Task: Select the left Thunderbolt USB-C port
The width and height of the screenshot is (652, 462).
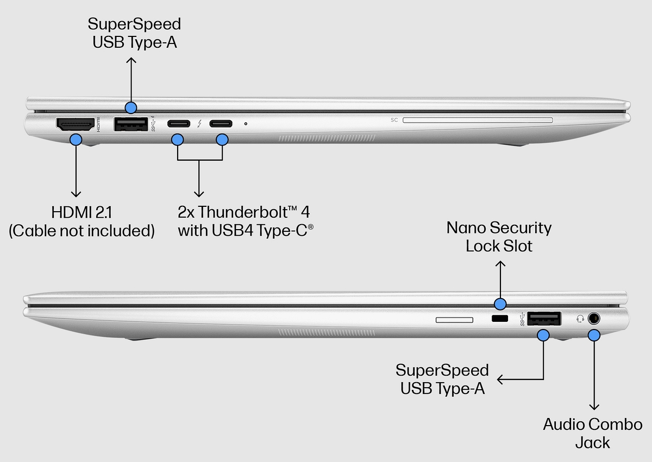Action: click(x=178, y=124)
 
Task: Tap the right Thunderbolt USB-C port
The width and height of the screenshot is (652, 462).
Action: click(x=221, y=124)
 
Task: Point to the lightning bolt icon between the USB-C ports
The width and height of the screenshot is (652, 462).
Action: click(x=200, y=124)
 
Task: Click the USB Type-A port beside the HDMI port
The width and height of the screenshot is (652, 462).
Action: click(x=130, y=124)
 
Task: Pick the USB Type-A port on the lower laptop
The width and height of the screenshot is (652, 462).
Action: click(x=544, y=319)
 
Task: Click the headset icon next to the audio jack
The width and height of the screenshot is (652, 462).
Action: click(x=580, y=319)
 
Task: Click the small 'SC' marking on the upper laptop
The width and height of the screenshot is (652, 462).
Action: click(x=394, y=119)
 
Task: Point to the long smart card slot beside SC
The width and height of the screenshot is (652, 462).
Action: click(x=478, y=119)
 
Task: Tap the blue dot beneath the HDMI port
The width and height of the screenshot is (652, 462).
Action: click(x=76, y=140)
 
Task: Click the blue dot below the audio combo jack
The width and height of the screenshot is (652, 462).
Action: click(x=594, y=335)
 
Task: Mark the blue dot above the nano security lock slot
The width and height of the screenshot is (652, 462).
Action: click(x=500, y=303)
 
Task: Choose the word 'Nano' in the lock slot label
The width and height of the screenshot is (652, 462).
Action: click(x=466, y=227)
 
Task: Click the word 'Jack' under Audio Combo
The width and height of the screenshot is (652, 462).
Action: click(x=593, y=442)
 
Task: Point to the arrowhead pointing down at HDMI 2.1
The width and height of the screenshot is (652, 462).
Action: click(x=76, y=194)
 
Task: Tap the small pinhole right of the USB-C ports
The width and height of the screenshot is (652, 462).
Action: click(x=246, y=124)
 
